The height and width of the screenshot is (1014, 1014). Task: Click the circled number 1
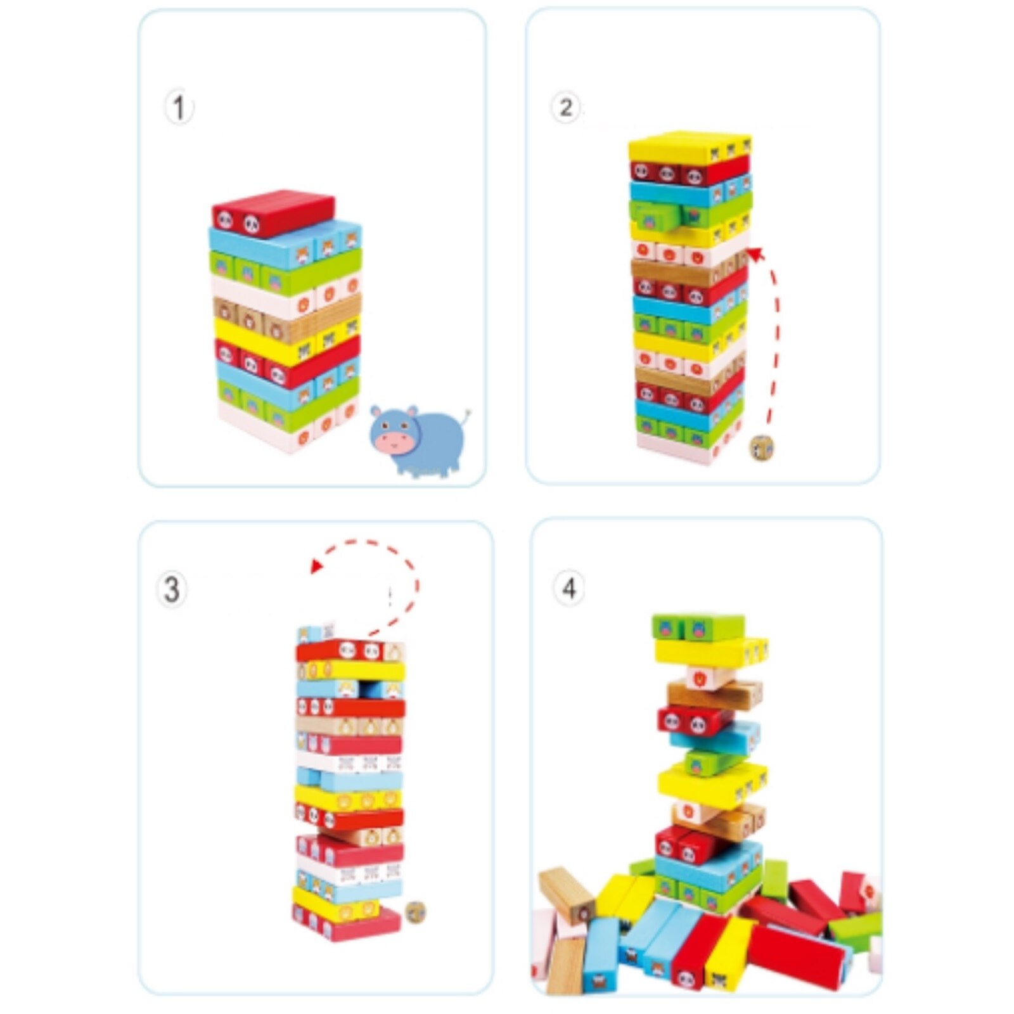179,108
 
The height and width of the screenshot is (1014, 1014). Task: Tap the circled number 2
565,107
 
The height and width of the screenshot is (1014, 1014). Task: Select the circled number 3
172,589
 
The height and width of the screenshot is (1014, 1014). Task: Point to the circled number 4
569,589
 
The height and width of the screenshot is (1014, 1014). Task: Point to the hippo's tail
467,415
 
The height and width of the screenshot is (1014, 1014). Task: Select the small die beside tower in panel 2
762,448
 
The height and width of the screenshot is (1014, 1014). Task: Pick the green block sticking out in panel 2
654,217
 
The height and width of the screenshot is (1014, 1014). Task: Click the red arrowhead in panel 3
318,565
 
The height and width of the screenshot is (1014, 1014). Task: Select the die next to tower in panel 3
415,911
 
